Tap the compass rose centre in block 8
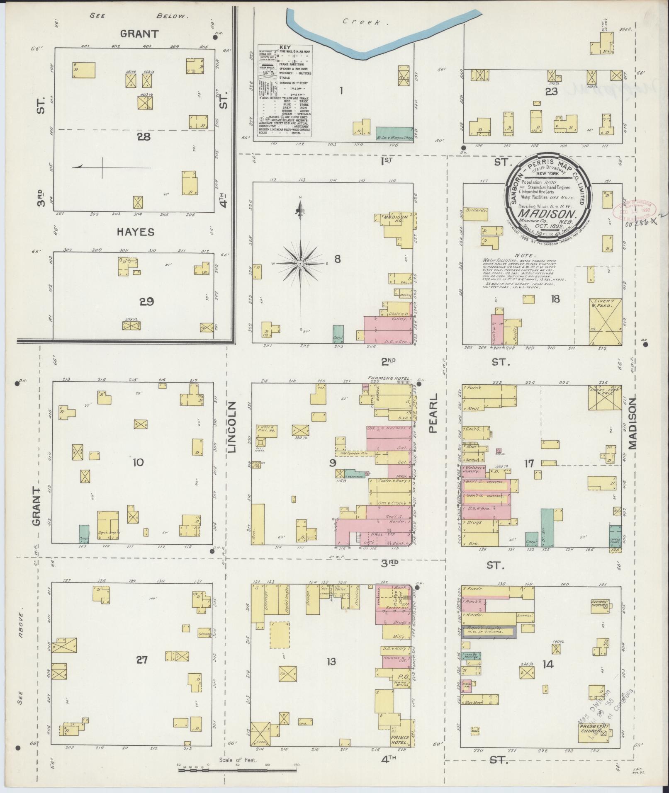coord(300,264)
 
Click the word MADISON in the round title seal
coord(548,214)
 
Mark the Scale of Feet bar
coord(238,770)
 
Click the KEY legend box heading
coord(285,48)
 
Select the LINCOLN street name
coord(231,427)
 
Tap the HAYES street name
coord(135,232)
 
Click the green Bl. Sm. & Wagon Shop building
coord(394,135)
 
